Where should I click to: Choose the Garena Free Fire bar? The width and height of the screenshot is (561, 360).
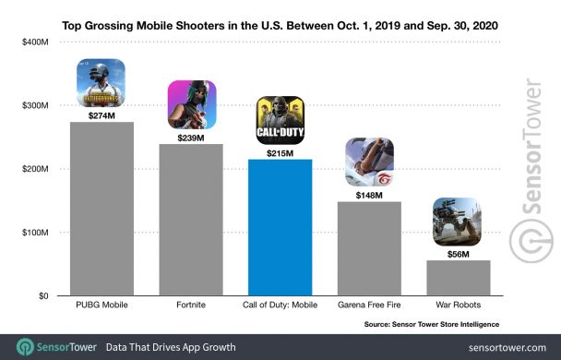click(368, 248)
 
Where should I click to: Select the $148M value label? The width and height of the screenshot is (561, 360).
click(368, 194)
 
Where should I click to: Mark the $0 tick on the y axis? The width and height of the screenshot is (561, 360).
click(42, 296)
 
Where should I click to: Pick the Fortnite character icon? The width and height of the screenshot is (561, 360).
click(191, 105)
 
